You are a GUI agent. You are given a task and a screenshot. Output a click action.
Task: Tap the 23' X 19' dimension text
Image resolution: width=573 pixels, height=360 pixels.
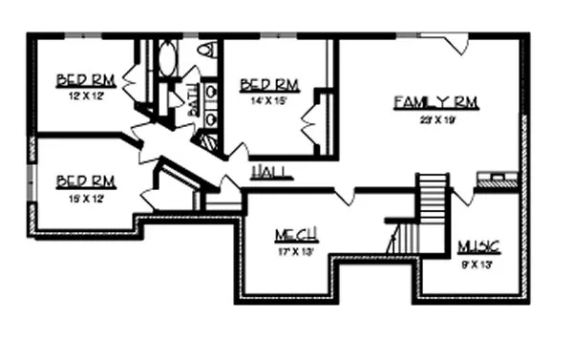click(x=435, y=120)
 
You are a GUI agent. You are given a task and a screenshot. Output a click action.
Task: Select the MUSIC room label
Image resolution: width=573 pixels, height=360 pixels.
click(x=478, y=247)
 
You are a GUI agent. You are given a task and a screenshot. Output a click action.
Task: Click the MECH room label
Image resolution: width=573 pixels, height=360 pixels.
click(x=296, y=235)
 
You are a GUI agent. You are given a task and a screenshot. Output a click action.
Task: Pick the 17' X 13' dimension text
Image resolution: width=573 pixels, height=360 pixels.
click(x=296, y=253)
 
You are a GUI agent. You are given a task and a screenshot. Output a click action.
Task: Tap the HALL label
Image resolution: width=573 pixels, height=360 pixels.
click(x=270, y=173)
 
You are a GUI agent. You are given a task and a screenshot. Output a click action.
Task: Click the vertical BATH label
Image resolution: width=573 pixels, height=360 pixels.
click(x=193, y=101)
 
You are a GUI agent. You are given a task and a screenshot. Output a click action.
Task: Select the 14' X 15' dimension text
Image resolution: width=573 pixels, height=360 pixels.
click(x=270, y=100)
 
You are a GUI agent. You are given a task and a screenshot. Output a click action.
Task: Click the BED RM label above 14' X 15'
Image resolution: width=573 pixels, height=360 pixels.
click(x=270, y=84)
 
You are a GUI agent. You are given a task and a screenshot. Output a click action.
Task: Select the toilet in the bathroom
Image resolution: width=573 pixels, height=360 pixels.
click(x=205, y=52)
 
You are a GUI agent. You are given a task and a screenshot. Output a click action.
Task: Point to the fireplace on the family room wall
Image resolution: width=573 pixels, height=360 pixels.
click(x=499, y=180)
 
